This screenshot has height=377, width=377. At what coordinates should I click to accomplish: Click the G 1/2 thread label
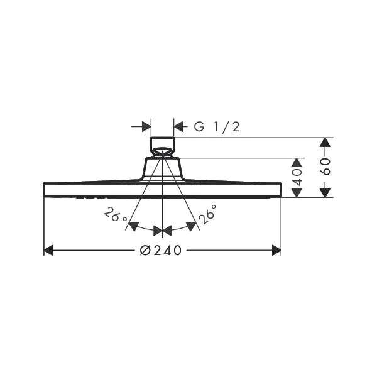pos(217,127)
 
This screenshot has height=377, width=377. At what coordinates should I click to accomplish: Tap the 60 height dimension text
pos(326,167)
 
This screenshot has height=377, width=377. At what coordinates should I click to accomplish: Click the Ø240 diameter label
pos(161,251)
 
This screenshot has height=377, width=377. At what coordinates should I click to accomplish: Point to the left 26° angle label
pos(115,214)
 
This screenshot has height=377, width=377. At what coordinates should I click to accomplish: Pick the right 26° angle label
pos(207,214)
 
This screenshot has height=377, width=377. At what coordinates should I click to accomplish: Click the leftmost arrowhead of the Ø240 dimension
pos(48,250)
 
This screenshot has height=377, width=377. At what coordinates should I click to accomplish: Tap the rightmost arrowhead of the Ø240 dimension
pos(276,250)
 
